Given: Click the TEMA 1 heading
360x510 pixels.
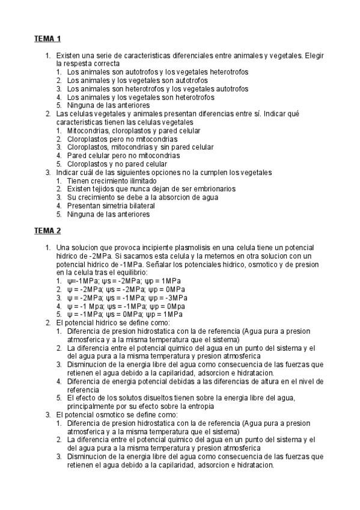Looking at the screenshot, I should tap(47, 40).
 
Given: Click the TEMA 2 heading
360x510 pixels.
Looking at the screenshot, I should tap(47, 231).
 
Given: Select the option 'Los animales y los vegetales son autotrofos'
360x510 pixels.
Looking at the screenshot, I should tap(138, 80).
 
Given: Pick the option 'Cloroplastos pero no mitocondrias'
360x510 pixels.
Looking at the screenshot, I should tap(119, 139).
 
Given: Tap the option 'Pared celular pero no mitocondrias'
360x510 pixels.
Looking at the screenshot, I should tap(120, 155).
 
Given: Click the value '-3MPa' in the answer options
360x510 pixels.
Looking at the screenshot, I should tap(177, 297).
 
